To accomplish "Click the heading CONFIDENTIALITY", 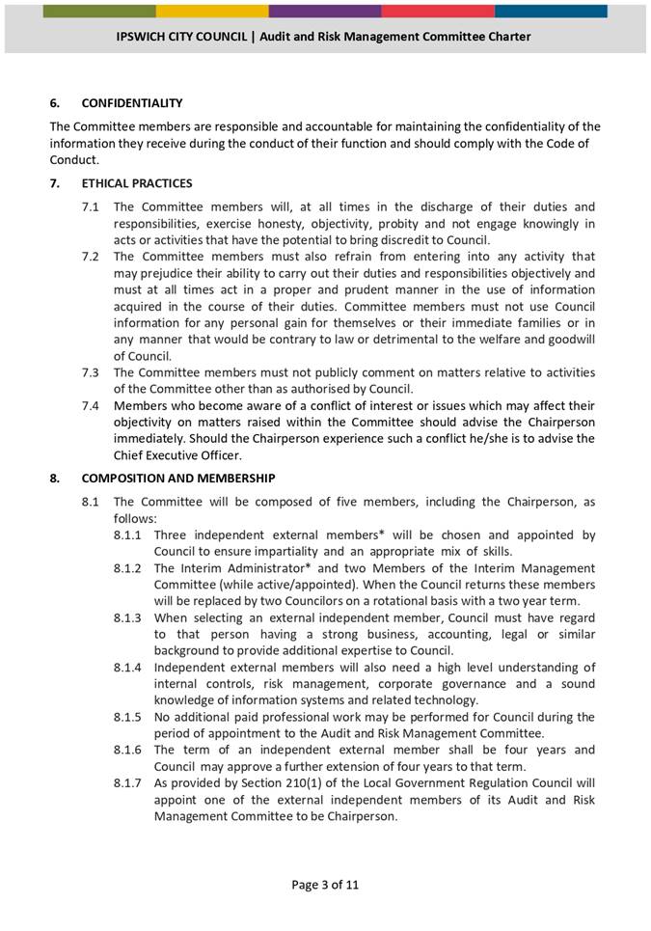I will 131,102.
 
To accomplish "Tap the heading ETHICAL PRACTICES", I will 136,183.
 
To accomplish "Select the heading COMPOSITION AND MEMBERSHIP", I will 178,479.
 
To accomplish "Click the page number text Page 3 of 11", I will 325,884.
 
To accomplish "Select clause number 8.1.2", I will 130,568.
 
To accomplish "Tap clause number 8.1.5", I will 130,717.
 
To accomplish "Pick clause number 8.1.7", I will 130,782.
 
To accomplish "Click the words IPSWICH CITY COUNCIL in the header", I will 184,37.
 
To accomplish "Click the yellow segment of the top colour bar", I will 212,11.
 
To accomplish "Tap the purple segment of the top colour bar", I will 325,11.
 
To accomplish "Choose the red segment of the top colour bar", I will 438,11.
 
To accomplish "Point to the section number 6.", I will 54,102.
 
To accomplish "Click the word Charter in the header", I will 505,37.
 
